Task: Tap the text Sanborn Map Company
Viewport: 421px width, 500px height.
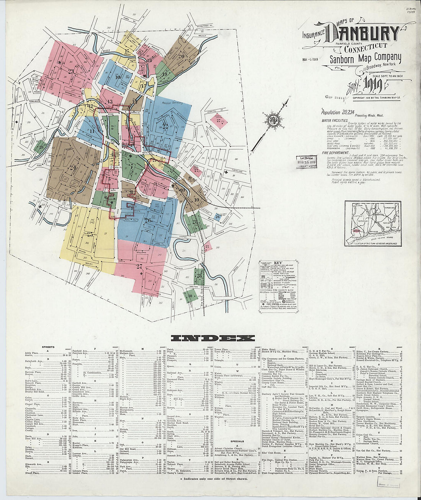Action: tap(366, 59)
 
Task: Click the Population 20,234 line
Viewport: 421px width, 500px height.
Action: tap(336, 112)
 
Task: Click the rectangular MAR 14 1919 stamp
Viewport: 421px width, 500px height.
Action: tap(306, 162)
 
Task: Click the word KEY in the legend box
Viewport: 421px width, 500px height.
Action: tap(278, 264)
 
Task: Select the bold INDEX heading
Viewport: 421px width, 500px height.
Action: tap(213, 338)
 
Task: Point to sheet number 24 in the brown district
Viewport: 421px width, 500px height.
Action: tap(73, 167)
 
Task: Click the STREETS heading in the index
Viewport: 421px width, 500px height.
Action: tap(47, 347)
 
